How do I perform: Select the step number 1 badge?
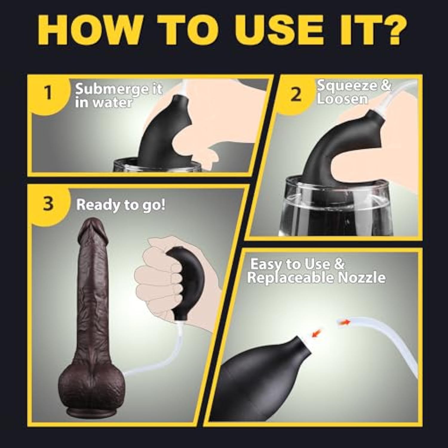[x=48, y=93]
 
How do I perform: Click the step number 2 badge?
[x=295, y=95]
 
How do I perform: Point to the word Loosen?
[x=342, y=99]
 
